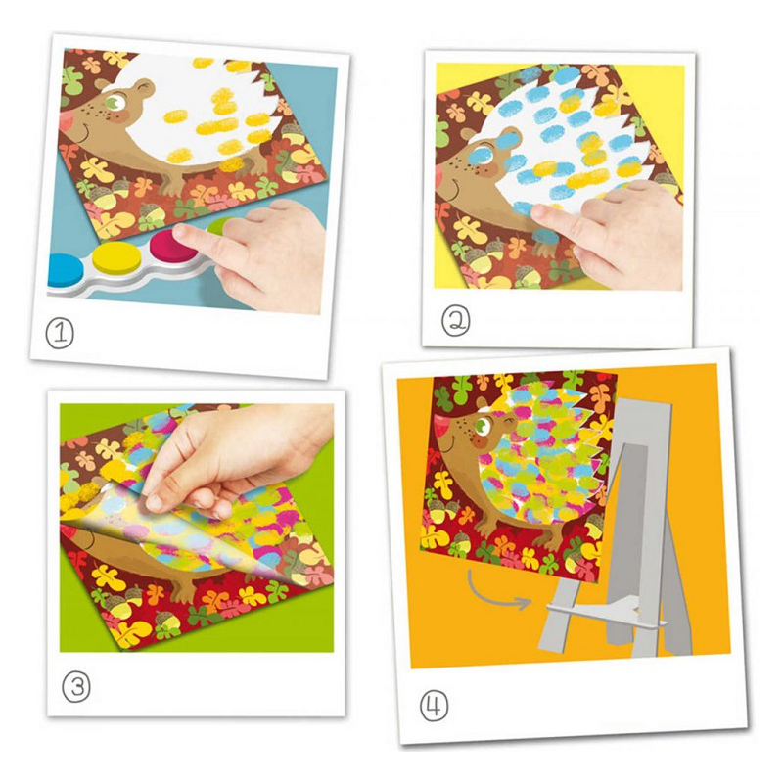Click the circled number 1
point(60,334)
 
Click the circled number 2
point(455,321)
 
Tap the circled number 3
point(76,688)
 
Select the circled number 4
point(434,706)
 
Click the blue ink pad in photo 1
point(64,270)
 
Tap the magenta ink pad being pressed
point(172,245)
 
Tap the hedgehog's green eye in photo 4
point(483,426)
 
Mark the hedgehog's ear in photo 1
point(141,88)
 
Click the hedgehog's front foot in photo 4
point(549,539)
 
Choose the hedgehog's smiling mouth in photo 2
point(455,189)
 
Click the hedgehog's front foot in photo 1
point(172,185)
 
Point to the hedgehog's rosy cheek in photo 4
point(480,442)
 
